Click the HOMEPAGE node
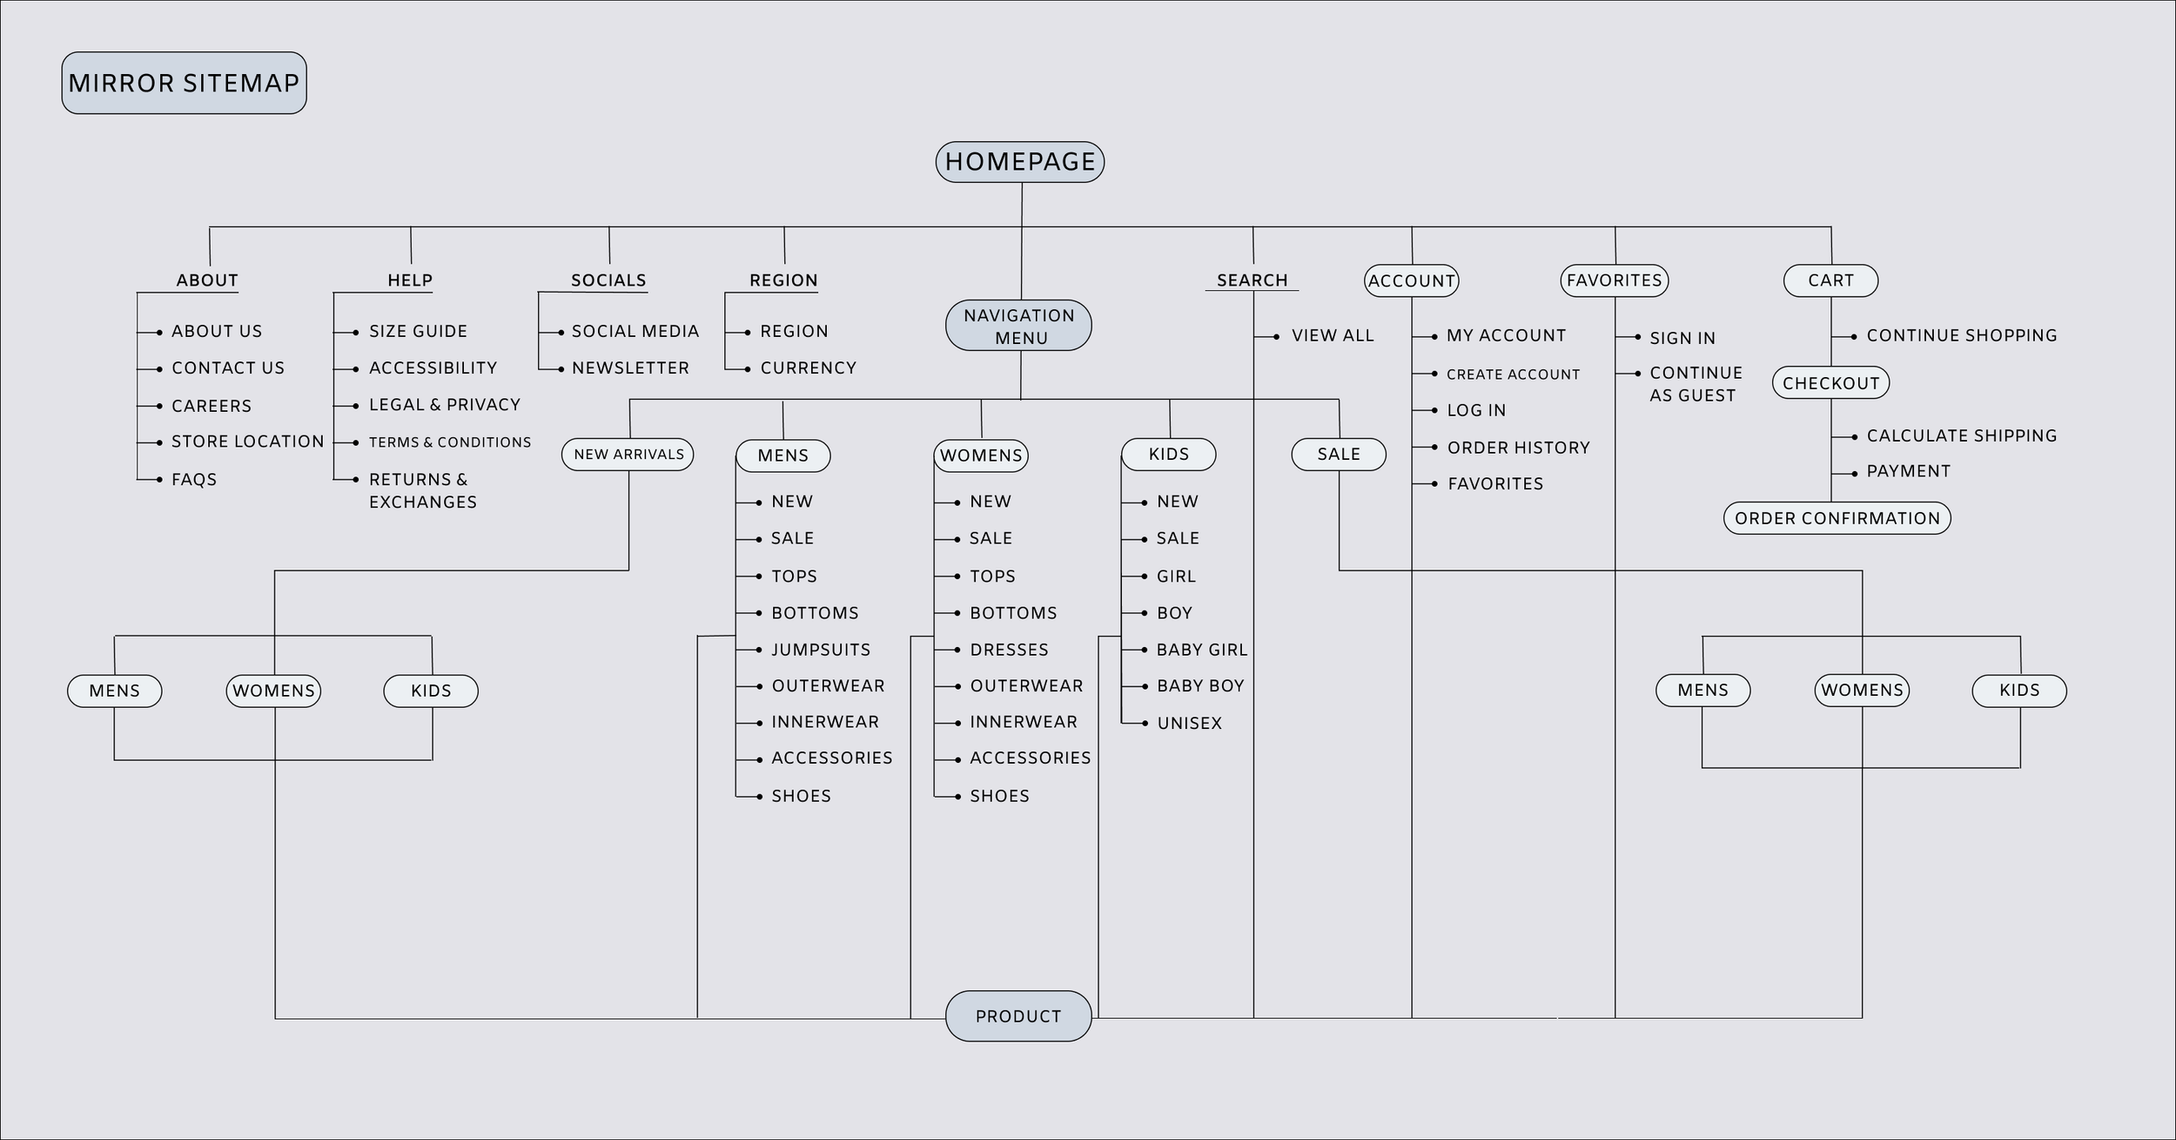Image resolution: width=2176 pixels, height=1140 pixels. [x=1019, y=162]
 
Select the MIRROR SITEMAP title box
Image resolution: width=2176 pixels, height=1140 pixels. [x=184, y=83]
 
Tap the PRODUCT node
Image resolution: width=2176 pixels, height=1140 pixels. [x=1018, y=1015]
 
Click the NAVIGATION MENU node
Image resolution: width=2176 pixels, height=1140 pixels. [x=1018, y=326]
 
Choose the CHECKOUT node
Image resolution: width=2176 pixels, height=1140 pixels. [x=1830, y=383]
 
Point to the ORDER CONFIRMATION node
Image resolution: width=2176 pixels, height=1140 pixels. [x=1837, y=518]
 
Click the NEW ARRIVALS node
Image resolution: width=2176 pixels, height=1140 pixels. [x=628, y=455]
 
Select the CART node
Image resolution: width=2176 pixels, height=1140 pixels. [x=1830, y=280]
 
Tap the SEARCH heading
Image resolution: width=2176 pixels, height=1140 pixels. [x=1252, y=280]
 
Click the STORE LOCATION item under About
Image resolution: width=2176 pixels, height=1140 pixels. [x=247, y=442]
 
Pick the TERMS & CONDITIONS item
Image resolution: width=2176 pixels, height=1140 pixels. [x=449, y=442]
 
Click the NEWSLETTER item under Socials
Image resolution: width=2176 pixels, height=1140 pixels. [x=630, y=368]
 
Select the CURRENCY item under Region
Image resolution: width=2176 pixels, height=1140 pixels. [x=808, y=368]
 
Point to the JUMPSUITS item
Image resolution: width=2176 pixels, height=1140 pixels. [x=820, y=650]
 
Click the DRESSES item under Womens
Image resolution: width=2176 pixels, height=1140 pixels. [x=1009, y=650]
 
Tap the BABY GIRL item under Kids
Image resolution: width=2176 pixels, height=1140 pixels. [x=1201, y=650]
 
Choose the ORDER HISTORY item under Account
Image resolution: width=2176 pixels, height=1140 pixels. [x=1518, y=448]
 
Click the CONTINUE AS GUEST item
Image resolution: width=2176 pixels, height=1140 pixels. [x=1695, y=384]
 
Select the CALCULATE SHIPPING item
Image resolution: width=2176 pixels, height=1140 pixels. [x=1961, y=435]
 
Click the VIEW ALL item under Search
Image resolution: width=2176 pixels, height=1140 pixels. [x=1332, y=335]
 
